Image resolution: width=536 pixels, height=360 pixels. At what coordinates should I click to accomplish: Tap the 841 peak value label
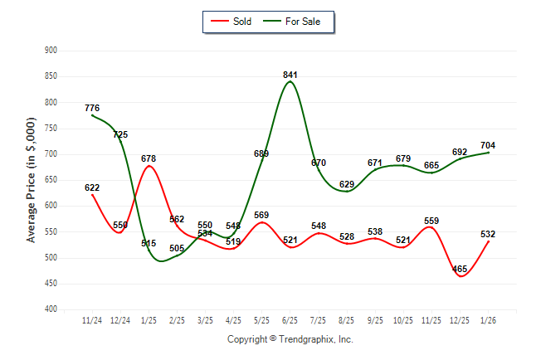click(x=290, y=75)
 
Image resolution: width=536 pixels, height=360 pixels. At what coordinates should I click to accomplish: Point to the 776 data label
click(x=92, y=108)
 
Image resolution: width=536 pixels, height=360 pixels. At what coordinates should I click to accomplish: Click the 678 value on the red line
click(x=149, y=158)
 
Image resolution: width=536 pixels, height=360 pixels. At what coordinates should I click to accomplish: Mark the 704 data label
click(x=488, y=145)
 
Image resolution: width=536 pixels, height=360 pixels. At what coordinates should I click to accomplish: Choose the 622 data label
click(x=92, y=187)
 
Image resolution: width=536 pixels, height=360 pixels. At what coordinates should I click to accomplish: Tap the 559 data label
click(x=431, y=221)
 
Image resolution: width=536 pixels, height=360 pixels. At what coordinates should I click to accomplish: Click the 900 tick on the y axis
click(x=50, y=51)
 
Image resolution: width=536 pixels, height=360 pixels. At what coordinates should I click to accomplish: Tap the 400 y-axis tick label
click(x=50, y=309)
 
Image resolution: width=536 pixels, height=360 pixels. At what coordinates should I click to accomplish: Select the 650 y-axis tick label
click(x=50, y=180)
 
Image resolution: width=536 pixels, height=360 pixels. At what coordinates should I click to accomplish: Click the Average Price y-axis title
click(x=31, y=179)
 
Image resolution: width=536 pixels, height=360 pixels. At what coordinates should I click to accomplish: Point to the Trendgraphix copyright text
click(x=290, y=339)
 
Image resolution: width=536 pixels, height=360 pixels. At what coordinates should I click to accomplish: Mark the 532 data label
click(x=488, y=234)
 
